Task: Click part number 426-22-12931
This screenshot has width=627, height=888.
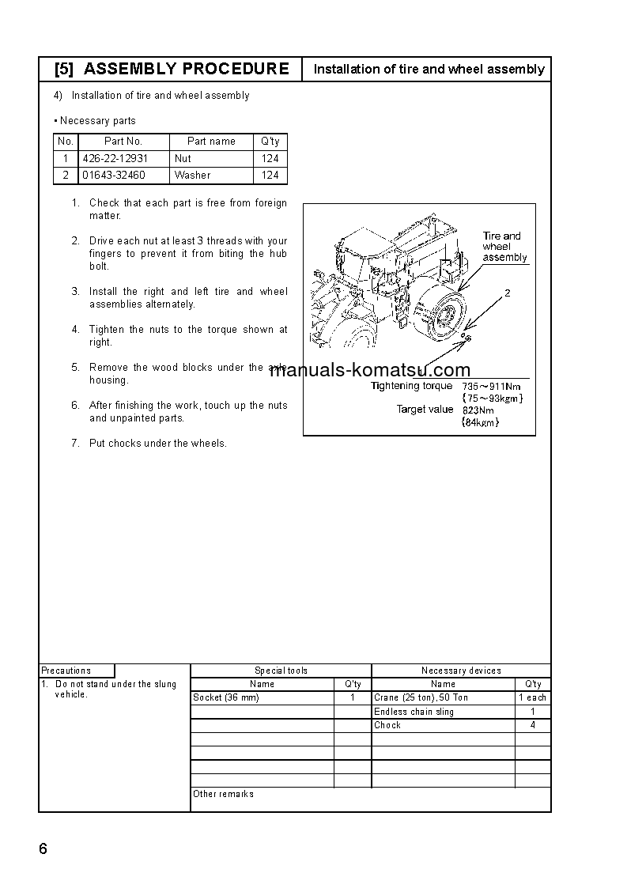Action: click(115, 158)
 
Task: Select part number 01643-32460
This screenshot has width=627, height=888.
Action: click(114, 175)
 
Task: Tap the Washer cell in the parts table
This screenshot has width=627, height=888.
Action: click(192, 175)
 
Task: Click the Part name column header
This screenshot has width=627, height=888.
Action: click(211, 142)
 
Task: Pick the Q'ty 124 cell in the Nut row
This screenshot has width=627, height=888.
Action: click(270, 158)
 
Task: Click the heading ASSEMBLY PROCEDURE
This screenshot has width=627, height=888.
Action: click(186, 69)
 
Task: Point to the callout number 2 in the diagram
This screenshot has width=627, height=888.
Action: click(508, 293)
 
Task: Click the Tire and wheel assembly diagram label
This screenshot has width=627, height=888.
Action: click(504, 247)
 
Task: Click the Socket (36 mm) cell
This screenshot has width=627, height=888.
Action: click(226, 697)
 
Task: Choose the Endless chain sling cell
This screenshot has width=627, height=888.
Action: click(414, 712)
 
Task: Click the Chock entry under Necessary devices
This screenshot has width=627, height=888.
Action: click(387, 725)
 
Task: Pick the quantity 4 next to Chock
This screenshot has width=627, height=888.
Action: click(533, 725)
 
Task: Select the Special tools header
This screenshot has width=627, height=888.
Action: click(281, 671)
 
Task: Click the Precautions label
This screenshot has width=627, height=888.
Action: click(66, 671)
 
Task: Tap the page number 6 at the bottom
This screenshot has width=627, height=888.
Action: click(43, 849)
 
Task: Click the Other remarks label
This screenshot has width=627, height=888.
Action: click(224, 794)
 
